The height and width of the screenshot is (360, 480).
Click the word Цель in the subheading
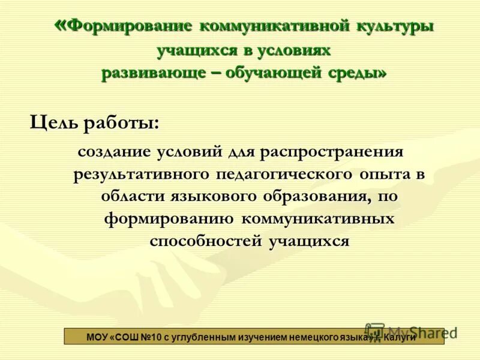[53, 124]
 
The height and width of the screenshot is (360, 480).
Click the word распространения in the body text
[332, 152]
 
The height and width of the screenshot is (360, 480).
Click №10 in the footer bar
[148, 337]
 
